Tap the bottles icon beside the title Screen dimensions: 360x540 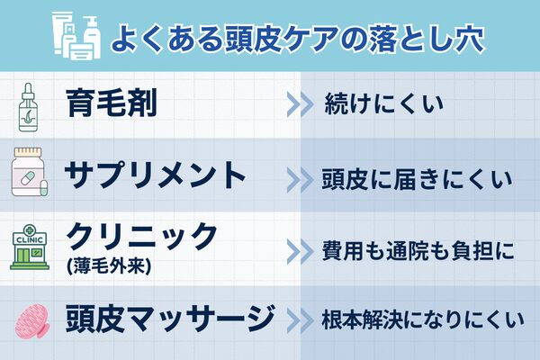click(76, 36)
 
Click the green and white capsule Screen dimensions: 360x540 click(34, 183)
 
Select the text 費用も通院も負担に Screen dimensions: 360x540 click(417, 250)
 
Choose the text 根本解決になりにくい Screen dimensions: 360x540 click(417, 319)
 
